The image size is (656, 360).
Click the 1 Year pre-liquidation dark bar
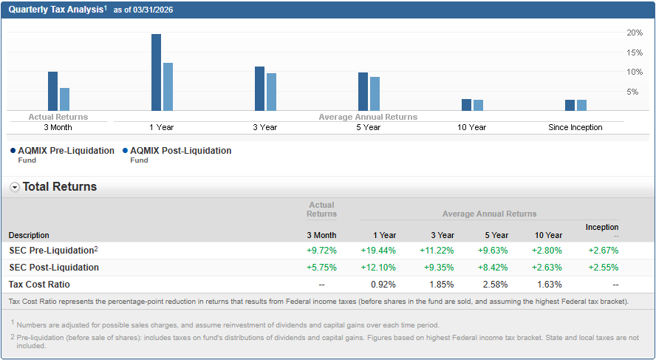tap(156, 72)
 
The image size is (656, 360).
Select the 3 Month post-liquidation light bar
tap(64, 99)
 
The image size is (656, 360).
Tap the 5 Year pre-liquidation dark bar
tap(363, 92)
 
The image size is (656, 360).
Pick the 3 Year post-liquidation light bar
tap(271, 92)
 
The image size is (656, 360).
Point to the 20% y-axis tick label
tap(635, 33)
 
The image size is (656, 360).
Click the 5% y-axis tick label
tap(632, 92)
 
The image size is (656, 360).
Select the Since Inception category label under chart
tap(575, 127)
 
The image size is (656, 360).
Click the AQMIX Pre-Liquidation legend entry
tap(66, 151)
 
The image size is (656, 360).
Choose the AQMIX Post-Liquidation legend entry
tap(180, 151)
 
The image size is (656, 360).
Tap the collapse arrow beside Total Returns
tap(15, 187)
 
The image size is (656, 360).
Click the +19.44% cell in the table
tap(378, 251)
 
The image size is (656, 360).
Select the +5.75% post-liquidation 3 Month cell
tap(321, 268)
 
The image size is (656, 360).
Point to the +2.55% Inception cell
tap(604, 268)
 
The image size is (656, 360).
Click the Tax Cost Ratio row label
tap(39, 285)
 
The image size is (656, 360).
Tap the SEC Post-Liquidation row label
tap(54, 268)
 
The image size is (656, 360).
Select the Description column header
tap(29, 235)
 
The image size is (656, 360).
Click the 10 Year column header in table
tap(549, 235)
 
